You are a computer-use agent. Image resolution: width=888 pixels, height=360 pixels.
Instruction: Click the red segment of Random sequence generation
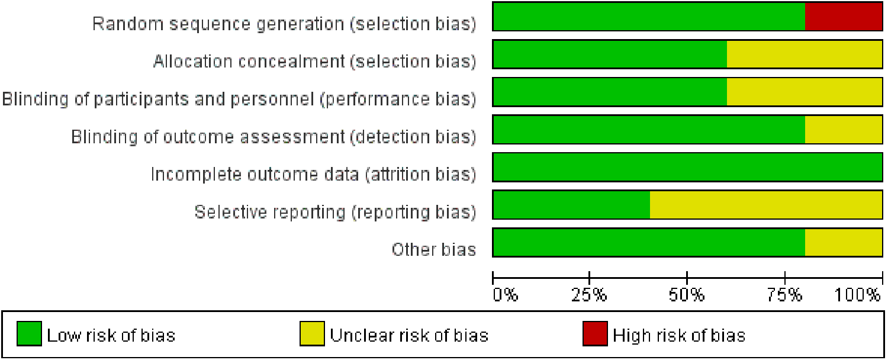pos(844,17)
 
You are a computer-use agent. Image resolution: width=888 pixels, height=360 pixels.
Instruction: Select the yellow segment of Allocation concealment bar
pos(805,54)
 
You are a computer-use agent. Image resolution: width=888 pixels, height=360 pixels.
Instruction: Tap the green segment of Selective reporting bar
pos(571,205)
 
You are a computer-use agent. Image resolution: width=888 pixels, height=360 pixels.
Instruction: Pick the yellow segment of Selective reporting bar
pos(766,205)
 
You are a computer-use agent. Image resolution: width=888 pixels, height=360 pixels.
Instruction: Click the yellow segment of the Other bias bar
pos(844,243)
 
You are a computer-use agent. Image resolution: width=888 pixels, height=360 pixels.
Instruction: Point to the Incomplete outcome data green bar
pos(687,168)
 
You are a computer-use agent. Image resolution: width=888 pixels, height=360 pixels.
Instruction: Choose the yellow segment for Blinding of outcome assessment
pos(844,130)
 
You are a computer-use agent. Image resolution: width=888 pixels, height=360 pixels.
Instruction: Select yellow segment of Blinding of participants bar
pos(805,92)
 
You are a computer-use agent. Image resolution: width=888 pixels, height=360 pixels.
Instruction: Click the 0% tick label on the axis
pos(506,294)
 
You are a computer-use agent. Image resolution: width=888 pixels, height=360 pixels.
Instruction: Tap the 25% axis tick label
pos(590,294)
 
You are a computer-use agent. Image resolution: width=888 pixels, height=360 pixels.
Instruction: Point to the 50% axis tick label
pos(687,294)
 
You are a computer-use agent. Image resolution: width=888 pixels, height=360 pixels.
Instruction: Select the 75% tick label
pos(784,294)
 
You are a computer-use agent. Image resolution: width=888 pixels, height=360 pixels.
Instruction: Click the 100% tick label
pos(858,294)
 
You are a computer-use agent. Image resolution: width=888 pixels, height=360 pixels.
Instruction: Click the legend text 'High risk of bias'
pos(678,336)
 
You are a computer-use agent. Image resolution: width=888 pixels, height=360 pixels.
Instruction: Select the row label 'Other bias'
pos(433,249)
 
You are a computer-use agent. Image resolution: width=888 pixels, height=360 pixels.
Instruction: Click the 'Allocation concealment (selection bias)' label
pos(314,61)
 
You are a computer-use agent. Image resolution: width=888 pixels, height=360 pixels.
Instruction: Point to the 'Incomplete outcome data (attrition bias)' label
pos(313,174)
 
